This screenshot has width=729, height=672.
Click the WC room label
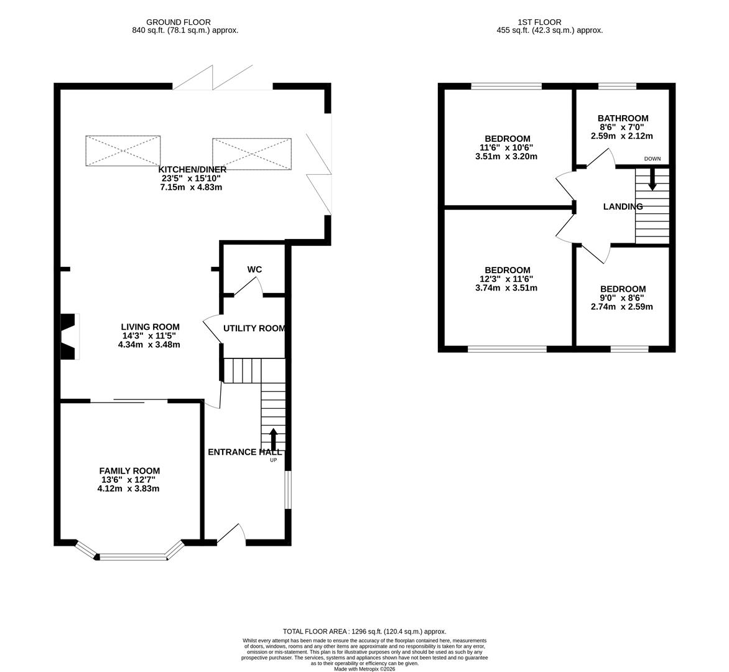[254, 269]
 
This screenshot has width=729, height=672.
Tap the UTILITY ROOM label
[254, 329]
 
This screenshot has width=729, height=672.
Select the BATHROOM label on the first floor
[623, 118]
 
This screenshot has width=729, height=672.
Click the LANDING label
[623, 207]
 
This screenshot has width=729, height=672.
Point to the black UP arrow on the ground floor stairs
[273, 439]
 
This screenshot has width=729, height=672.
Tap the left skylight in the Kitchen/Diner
[123, 151]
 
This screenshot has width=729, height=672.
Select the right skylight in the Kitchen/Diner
[252, 154]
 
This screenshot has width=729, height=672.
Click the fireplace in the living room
[69, 336]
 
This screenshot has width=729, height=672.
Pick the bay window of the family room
[132, 551]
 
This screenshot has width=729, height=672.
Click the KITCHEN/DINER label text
[192, 170]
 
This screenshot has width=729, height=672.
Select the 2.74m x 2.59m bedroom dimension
[621, 307]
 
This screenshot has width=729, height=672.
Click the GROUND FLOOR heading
[179, 22]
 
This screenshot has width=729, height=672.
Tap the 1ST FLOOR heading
[539, 22]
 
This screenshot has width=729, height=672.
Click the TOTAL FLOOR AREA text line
[364, 632]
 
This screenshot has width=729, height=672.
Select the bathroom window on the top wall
[617, 86]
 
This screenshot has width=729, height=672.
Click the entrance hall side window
[288, 490]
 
